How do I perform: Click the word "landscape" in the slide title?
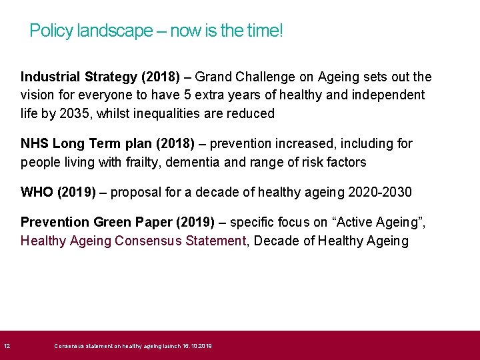[115, 31]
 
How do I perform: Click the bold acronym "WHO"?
[37, 193]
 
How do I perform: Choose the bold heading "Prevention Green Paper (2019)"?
[117, 223]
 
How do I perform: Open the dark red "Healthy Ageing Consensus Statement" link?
[133, 241]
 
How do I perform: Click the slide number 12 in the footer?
[7, 346]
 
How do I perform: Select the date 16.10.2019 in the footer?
[197, 346]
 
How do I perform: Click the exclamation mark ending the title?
[281, 31]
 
